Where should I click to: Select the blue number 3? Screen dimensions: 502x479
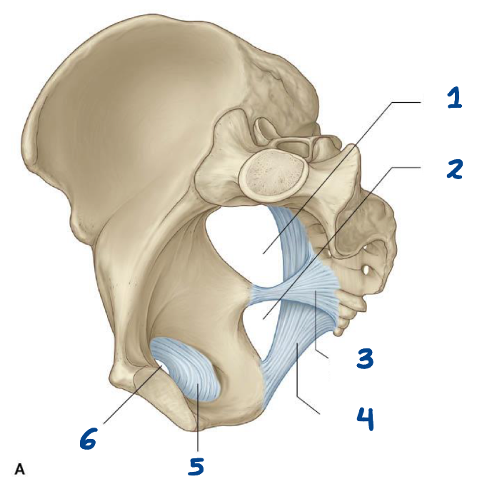pos(365,358)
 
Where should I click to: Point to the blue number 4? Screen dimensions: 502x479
pos(365,419)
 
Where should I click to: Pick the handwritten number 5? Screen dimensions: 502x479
pos(196,465)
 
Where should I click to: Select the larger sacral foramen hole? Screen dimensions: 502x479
pos(366,271)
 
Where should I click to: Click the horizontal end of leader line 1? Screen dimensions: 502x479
pos(421,102)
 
